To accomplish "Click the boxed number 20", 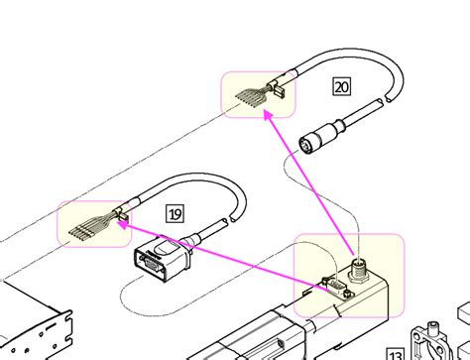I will pyautogui.click(x=341, y=87).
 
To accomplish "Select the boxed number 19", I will pyautogui.click(x=175, y=212).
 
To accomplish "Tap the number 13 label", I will pyautogui.click(x=396, y=351).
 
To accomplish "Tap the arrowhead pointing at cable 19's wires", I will pyautogui.click(x=122, y=225).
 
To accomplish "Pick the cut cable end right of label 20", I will pyautogui.click(x=382, y=101).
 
